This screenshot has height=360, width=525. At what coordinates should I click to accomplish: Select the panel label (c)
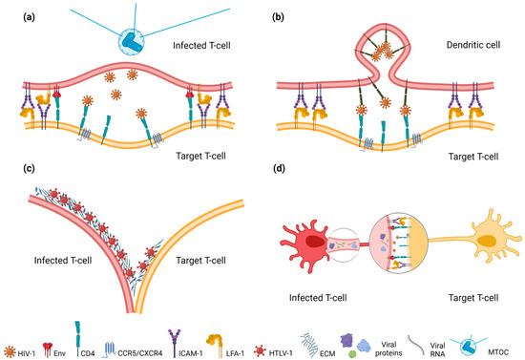click(x=16, y=172)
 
